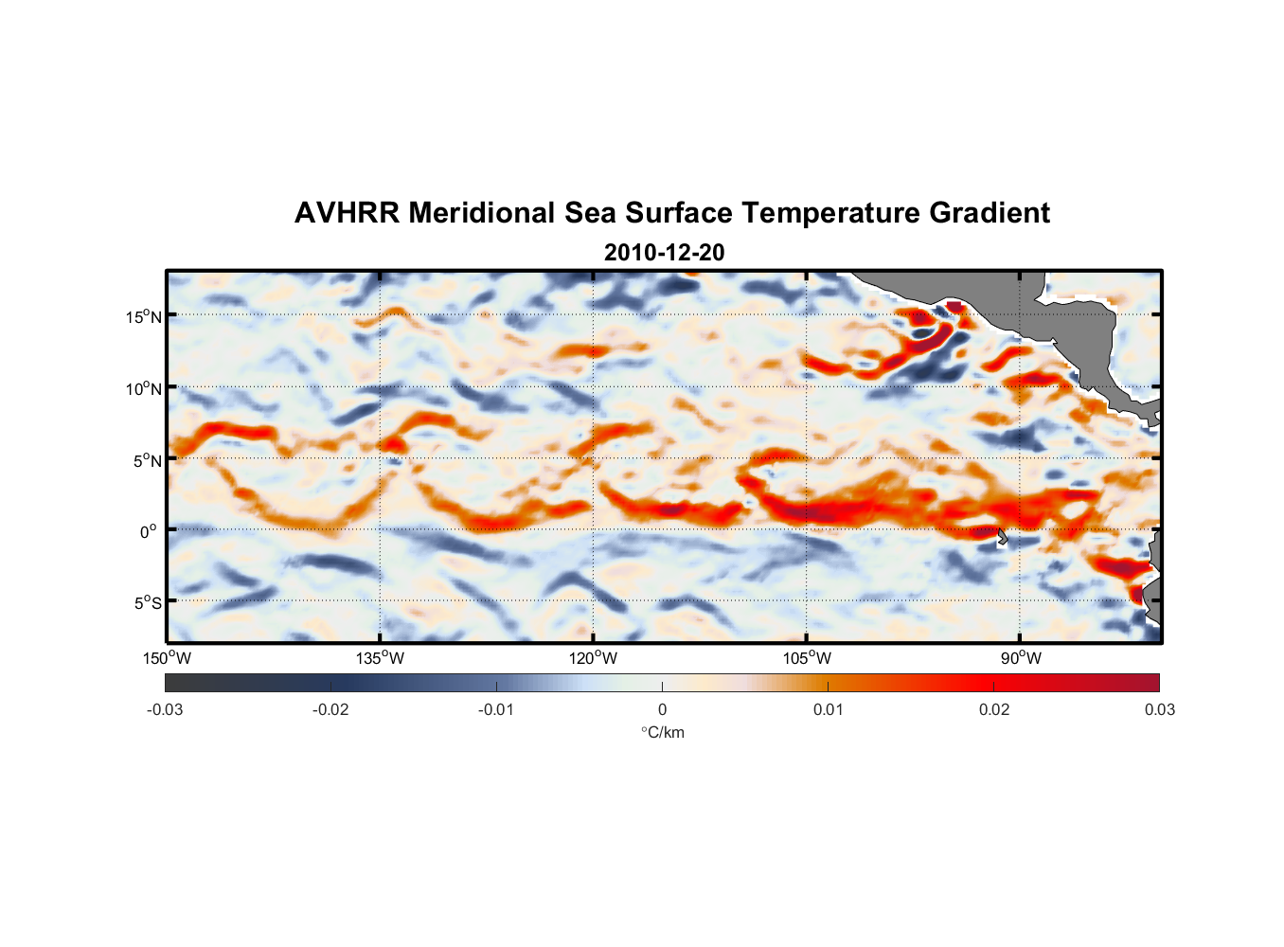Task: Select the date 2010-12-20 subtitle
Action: click(x=664, y=253)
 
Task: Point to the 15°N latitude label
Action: click(x=144, y=316)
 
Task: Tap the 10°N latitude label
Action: click(x=144, y=388)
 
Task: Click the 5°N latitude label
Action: click(x=147, y=460)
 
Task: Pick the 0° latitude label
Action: click(x=149, y=531)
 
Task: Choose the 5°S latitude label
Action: click(x=147, y=603)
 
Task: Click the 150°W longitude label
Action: click(x=168, y=658)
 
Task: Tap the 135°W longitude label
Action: click(x=381, y=658)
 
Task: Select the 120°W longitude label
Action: click(x=594, y=658)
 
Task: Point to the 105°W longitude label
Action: click(x=807, y=658)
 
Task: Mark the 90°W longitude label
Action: click(x=1021, y=658)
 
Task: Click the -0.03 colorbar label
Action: click(x=165, y=709)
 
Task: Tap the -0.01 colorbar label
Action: click(x=496, y=709)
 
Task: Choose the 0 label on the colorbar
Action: click(x=662, y=709)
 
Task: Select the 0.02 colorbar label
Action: click(x=994, y=709)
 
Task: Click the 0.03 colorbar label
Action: click(x=1159, y=709)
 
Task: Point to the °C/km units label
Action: click(x=662, y=732)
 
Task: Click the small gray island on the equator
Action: click(x=1003, y=538)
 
